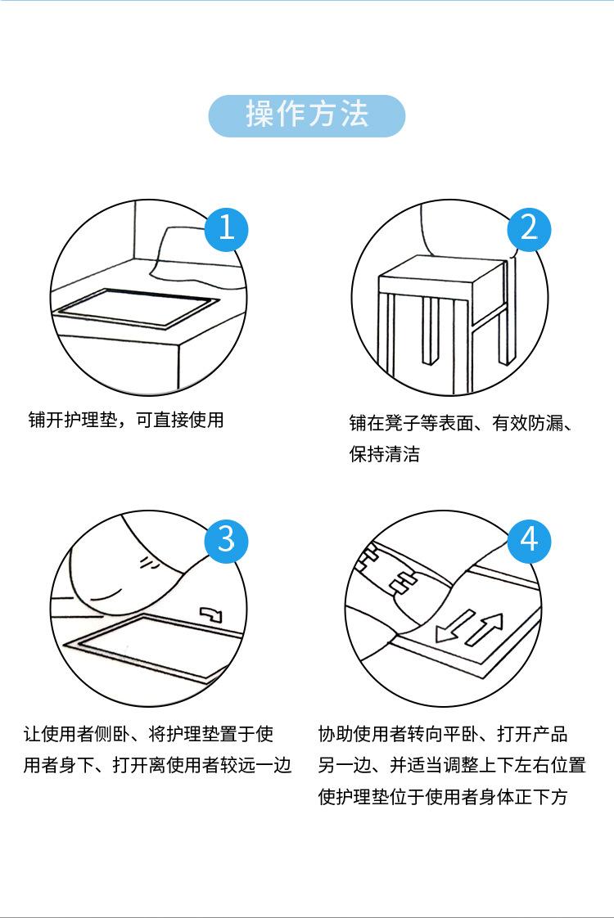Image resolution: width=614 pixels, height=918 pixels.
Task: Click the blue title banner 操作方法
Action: [307, 115]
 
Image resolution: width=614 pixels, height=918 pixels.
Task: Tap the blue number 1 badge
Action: [227, 227]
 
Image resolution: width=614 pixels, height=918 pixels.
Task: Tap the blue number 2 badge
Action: [529, 227]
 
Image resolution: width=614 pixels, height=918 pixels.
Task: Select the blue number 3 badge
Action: [227, 540]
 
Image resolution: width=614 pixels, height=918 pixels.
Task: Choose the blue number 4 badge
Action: [529, 540]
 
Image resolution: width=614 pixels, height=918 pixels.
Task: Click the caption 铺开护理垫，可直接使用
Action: [126, 421]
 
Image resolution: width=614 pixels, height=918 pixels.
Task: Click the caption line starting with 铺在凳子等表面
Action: [460, 423]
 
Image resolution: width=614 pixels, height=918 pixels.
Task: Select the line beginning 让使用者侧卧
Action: [153, 734]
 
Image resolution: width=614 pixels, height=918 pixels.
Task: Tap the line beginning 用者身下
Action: [157, 766]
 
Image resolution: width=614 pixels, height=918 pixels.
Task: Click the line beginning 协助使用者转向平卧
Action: [443, 734]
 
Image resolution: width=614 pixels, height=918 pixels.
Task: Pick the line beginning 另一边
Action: [452, 766]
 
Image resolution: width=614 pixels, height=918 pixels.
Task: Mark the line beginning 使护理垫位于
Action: [443, 797]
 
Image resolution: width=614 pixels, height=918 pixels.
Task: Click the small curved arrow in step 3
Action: [211, 614]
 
